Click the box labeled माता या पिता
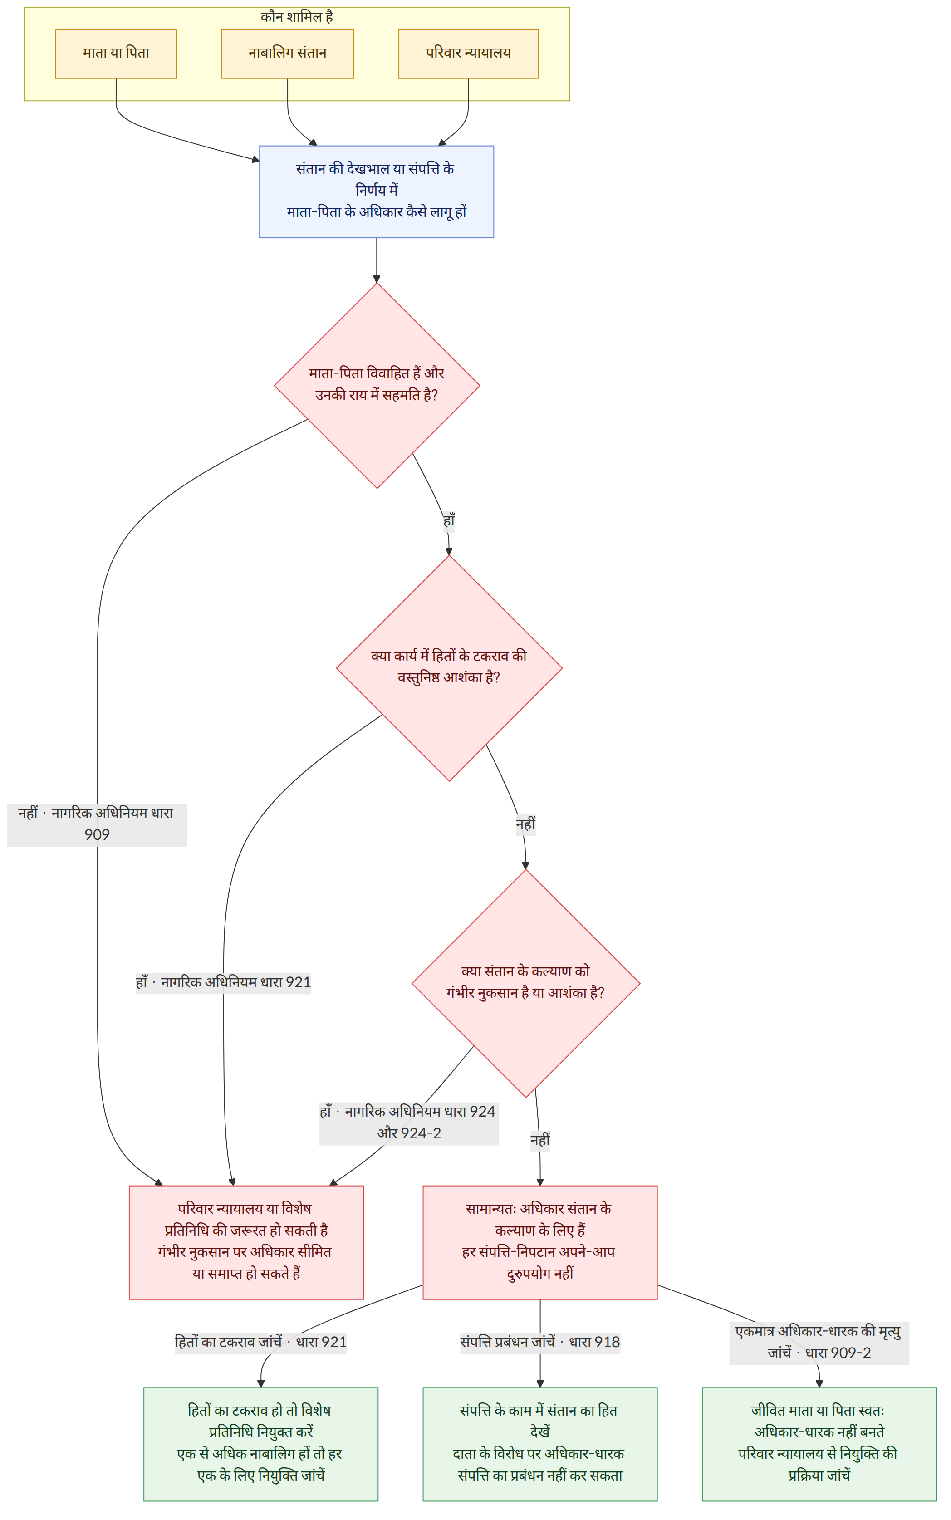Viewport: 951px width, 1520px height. [116, 54]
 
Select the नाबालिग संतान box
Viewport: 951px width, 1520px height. [288, 54]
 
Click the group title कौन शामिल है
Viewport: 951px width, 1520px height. [297, 17]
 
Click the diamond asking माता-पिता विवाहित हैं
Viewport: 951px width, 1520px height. [377, 386]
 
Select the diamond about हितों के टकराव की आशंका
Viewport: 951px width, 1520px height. [449, 668]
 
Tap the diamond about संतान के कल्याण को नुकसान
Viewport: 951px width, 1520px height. [526, 983]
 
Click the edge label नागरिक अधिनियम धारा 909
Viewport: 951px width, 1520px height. [97, 824]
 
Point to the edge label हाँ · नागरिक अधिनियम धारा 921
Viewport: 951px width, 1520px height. [223, 982]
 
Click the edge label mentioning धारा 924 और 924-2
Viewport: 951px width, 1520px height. [409, 1123]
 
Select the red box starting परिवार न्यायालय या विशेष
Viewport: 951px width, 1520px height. [246, 1242]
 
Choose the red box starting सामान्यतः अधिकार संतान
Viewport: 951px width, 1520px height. [539, 1242]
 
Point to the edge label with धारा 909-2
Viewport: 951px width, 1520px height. [819, 1343]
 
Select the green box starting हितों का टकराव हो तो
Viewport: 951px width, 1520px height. [260, 1444]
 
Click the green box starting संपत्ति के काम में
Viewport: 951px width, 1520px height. [539, 1444]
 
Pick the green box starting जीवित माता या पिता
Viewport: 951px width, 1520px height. [819, 1444]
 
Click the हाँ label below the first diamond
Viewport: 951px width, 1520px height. [448, 521]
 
